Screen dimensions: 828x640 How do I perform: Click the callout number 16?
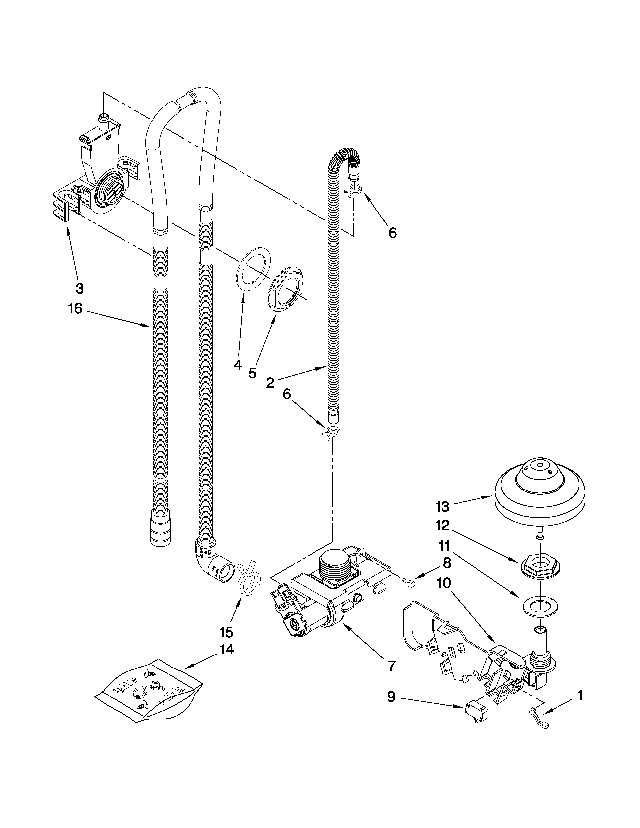(75, 309)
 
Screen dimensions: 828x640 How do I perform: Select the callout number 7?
(392, 665)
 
